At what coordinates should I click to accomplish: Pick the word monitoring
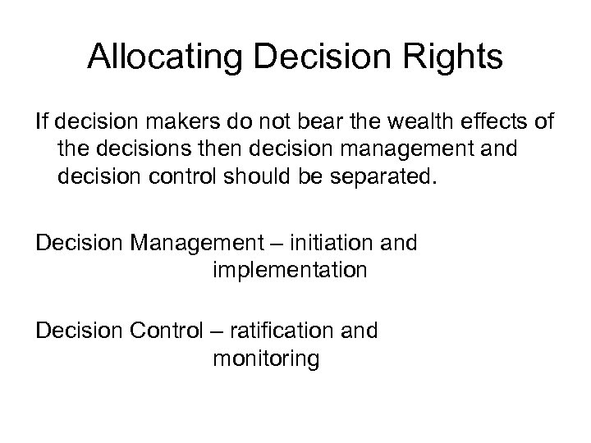(x=265, y=358)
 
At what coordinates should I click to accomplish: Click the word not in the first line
(x=252, y=123)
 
